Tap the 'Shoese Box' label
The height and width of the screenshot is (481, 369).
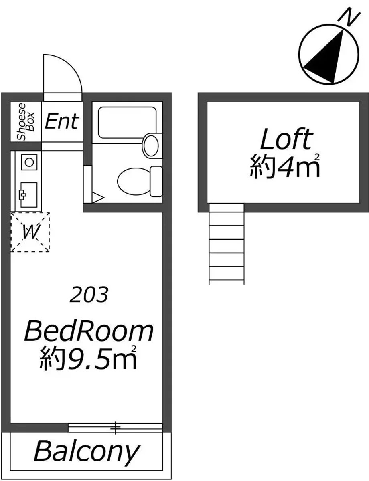[x=26, y=122]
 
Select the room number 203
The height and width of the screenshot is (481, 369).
[x=89, y=295]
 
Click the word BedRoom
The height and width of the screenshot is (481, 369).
[x=89, y=332]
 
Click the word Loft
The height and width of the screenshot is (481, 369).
[x=287, y=139]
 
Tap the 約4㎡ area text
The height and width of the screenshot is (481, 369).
[x=285, y=166]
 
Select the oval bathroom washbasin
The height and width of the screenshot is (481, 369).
[x=151, y=146]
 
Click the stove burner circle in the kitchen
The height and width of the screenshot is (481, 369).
[x=29, y=162]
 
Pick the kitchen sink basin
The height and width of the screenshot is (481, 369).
[x=29, y=195]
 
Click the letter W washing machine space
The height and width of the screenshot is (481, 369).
[x=30, y=232]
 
